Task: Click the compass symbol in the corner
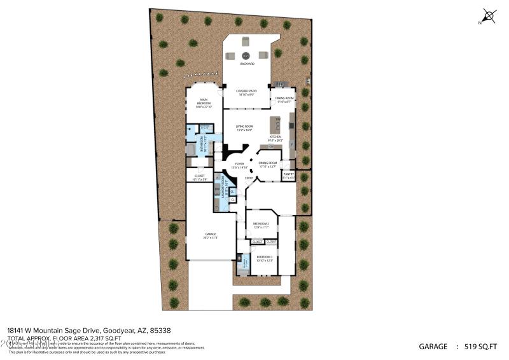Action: point(488,15)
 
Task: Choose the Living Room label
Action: point(245,128)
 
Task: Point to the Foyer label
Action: point(239,165)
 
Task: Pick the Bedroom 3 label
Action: point(264,258)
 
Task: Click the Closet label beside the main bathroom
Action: point(200,177)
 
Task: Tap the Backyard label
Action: point(247,64)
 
